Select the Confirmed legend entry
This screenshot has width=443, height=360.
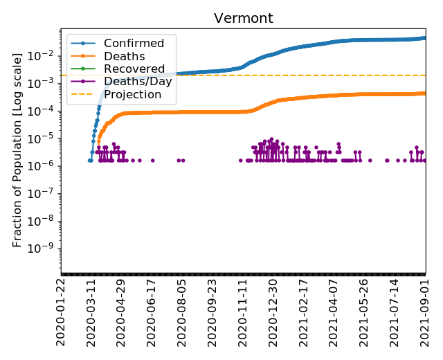(x=134, y=44)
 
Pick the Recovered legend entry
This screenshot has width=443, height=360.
(x=134, y=69)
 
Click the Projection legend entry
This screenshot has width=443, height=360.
(x=132, y=94)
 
